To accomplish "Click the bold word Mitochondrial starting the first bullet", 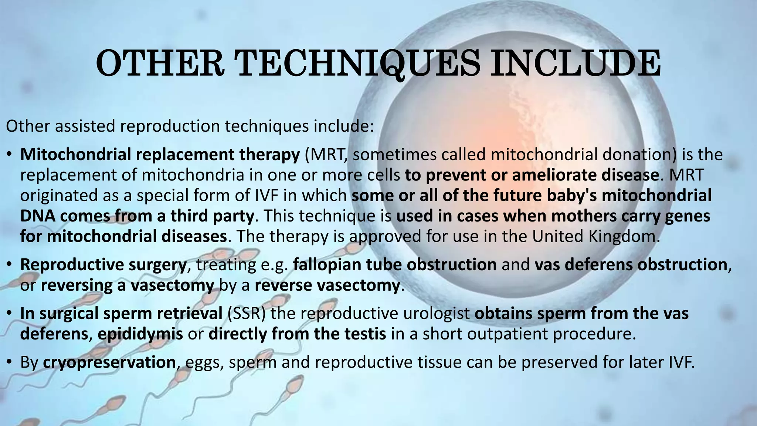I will [x=76, y=155].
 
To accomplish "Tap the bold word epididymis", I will [x=140, y=334].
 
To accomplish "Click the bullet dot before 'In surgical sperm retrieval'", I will [x=9, y=314].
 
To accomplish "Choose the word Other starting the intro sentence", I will [x=28, y=126].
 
